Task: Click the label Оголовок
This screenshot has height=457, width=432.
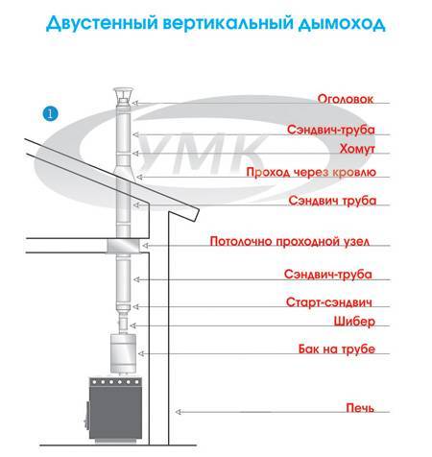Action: tap(346, 99)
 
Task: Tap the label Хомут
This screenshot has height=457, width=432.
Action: tap(357, 149)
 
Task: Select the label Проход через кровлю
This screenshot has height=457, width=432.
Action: tap(311, 173)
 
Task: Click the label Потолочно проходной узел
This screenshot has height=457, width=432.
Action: tap(290, 241)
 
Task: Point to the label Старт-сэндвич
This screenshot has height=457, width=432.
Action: tap(329, 302)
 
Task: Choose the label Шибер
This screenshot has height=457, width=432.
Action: tap(354, 321)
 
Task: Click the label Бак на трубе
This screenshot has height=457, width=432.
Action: tap(337, 349)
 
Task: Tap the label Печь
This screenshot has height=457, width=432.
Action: tap(360, 408)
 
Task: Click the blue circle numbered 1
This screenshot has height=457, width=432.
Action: tap(50, 113)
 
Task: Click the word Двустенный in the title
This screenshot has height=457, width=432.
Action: tap(102, 23)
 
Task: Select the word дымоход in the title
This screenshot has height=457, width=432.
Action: tap(342, 24)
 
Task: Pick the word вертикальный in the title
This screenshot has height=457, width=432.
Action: tap(228, 23)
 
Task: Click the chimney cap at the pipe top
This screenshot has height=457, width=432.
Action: tap(125, 95)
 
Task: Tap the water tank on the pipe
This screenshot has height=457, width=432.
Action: tap(123, 353)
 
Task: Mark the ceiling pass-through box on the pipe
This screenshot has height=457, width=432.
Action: tap(123, 246)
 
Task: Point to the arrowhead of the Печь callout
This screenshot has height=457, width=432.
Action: tap(179, 412)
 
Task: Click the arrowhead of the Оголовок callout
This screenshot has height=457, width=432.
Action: tap(134, 103)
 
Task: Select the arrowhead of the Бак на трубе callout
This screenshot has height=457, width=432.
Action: tap(141, 353)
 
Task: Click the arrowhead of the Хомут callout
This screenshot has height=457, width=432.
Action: tap(135, 154)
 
